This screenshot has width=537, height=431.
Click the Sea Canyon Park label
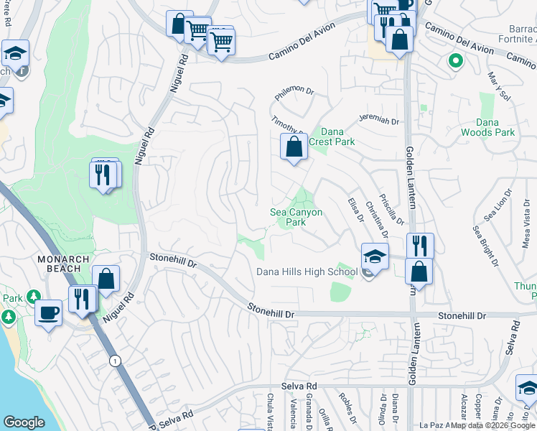[296, 217]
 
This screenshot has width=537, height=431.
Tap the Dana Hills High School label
[307, 272]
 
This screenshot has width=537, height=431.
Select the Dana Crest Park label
[332, 136]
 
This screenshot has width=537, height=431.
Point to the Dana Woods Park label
[495, 127]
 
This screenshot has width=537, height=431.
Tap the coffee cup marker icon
[49, 314]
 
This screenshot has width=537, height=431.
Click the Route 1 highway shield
[114, 360]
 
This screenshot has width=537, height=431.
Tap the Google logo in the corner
[24, 422]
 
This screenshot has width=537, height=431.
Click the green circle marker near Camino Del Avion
[454, 61]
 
